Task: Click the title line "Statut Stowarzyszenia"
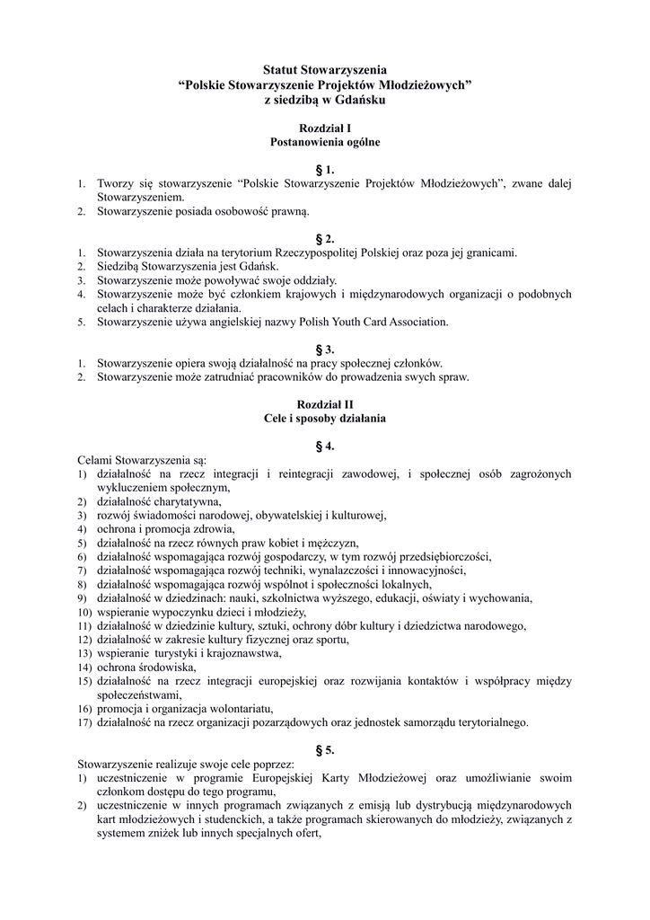pyautogui.click(x=324, y=68)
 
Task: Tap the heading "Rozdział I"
pyautogui.click(x=324, y=128)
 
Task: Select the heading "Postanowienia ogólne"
pyautogui.click(x=324, y=142)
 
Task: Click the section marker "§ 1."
pyautogui.click(x=325, y=169)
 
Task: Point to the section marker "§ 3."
pyautogui.click(x=325, y=349)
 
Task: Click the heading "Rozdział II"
pyautogui.click(x=324, y=404)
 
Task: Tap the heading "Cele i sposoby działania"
pyautogui.click(x=324, y=418)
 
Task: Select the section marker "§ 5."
pyautogui.click(x=325, y=749)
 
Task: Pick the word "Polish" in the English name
pyautogui.click(x=312, y=321)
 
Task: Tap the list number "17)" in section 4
pyautogui.click(x=83, y=721)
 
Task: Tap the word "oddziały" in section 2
pyautogui.click(x=310, y=279)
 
